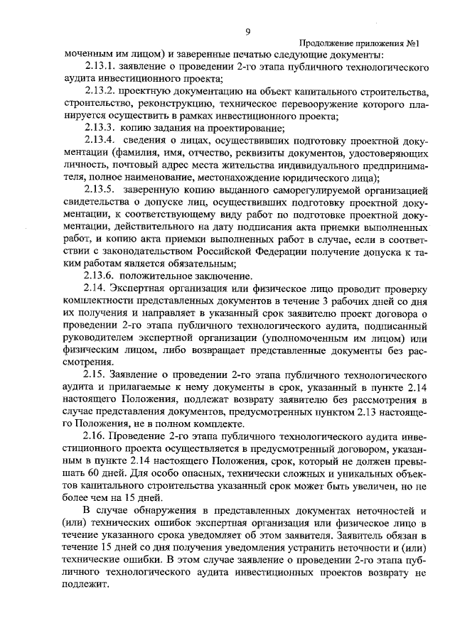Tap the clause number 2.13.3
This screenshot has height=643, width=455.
[x=100, y=128]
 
